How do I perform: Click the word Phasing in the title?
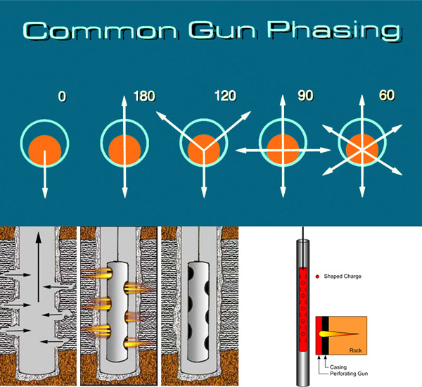pyautogui.click(x=329, y=32)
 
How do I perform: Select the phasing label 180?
pyautogui.click(x=143, y=95)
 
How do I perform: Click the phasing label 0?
pyautogui.click(x=62, y=95)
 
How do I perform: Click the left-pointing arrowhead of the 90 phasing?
pyautogui.click(x=240, y=149)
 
